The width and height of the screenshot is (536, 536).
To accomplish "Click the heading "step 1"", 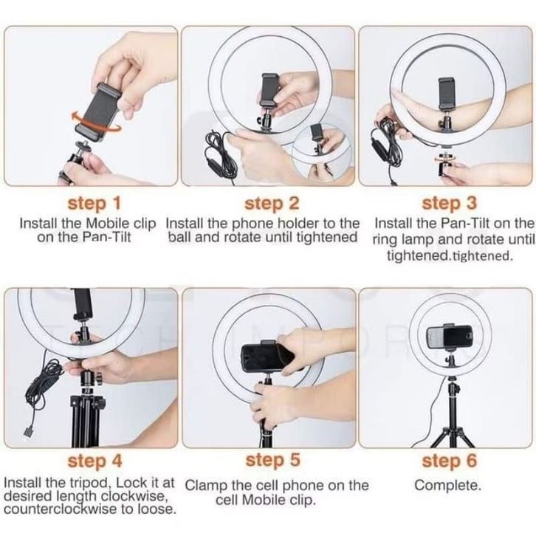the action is tap(95, 203).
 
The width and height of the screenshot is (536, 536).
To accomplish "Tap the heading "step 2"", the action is tap(272, 203).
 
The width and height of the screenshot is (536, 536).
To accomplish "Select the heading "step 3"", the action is tap(449, 203).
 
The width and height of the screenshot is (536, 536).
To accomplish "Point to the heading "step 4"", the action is tap(95, 461).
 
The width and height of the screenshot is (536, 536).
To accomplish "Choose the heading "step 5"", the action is tap(272, 460).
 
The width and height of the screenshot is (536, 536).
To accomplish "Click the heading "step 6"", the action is tap(449, 461).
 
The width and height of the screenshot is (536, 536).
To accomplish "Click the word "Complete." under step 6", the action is tap(448, 485).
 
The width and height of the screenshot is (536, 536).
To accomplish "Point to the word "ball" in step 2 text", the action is tap(180, 237).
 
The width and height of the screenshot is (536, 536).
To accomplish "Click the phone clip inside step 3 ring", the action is tap(447, 94).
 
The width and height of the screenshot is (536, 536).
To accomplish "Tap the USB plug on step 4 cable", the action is tap(28, 432).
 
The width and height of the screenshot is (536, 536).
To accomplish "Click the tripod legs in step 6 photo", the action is tap(453, 435).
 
